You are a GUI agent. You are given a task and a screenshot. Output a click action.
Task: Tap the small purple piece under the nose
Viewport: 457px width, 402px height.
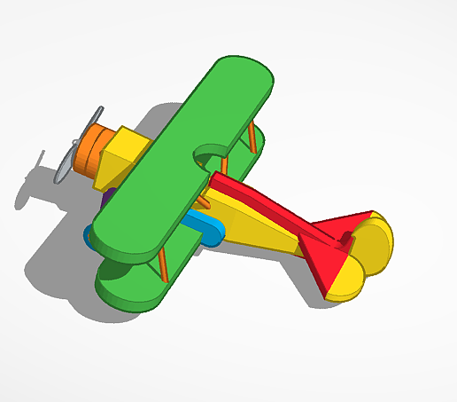(105, 197)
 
